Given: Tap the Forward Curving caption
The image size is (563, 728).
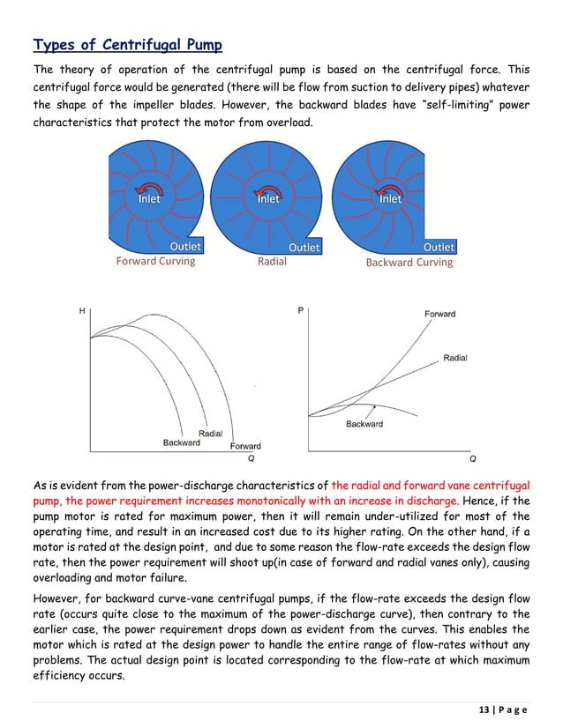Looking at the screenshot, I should click(x=155, y=261).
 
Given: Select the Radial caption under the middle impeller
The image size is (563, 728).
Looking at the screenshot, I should click(x=272, y=262).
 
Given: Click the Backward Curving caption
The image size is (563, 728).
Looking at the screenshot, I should click(x=408, y=262).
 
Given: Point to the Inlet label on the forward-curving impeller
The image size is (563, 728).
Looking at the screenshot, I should click(x=149, y=199).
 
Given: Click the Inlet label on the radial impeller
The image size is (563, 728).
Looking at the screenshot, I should click(x=268, y=199).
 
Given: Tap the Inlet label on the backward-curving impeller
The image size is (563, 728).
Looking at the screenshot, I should click(x=390, y=199).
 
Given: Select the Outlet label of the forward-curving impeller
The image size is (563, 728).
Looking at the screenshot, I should click(x=185, y=247).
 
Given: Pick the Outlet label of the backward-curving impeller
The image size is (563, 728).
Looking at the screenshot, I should click(x=439, y=248).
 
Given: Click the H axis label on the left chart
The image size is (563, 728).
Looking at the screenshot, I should click(x=82, y=311).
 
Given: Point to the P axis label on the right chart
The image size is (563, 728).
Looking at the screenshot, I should click(x=301, y=310).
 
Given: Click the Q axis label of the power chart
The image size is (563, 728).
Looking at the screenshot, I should click(x=473, y=458).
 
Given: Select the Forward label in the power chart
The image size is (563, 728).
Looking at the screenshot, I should click(x=440, y=315).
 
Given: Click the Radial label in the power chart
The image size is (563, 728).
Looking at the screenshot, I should click(x=455, y=358).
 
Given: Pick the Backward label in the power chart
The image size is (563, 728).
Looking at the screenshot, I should click(x=364, y=424).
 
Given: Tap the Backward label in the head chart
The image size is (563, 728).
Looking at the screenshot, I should click(x=181, y=442).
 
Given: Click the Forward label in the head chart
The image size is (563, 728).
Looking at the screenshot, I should click(x=245, y=446).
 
